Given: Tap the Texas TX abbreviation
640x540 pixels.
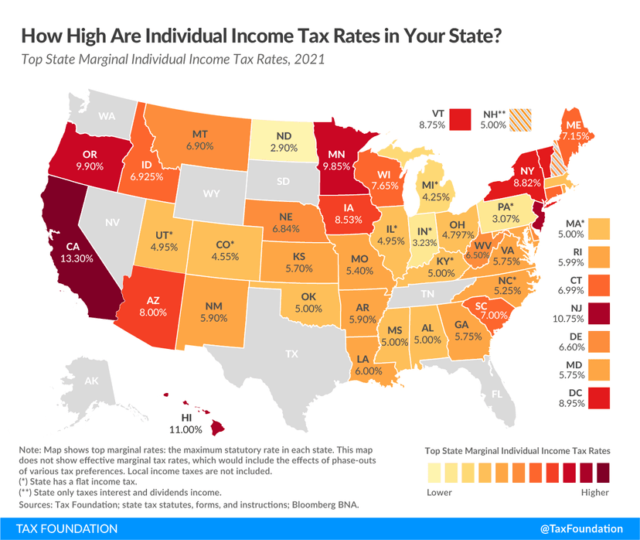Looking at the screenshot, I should click(291, 354).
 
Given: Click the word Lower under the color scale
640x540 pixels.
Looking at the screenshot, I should click(439, 493).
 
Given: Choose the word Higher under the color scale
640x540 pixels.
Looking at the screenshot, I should click(593, 493).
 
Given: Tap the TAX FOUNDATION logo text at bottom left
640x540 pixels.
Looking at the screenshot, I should click(60, 528).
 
